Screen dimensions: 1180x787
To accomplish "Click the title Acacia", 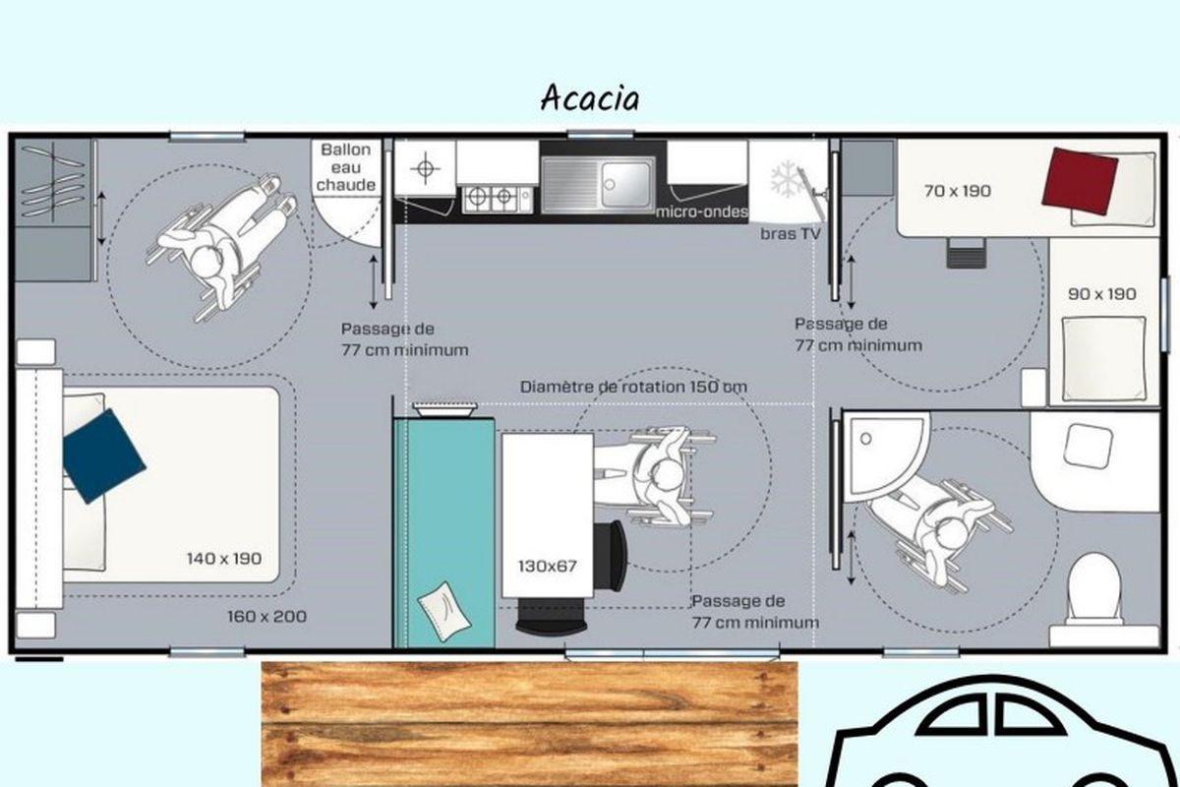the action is (590, 98).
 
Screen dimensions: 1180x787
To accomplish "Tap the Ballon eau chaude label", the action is (345, 167).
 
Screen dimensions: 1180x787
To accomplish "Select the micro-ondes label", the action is (702, 212).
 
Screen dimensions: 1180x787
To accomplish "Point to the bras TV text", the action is (791, 233).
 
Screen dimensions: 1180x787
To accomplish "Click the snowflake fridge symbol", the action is (787, 180).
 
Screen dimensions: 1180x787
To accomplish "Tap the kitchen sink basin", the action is (626, 185).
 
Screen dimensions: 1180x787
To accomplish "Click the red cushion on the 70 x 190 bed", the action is (1080, 182).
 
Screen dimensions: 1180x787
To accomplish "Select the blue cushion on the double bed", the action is (103, 455).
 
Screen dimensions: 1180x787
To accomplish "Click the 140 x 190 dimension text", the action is (224, 558).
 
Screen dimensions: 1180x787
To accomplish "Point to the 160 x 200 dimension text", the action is (267, 616).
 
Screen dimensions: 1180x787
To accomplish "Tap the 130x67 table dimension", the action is (548, 566).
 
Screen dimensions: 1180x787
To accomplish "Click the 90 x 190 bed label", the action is (1102, 293).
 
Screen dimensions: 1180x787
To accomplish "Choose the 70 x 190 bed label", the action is (958, 190).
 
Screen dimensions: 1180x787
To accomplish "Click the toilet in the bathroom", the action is (1094, 590).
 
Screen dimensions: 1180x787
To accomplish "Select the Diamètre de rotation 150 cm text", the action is (633, 387).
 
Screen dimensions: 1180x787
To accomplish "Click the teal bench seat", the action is (444, 532).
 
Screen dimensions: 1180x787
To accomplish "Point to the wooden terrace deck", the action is (529, 724).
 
